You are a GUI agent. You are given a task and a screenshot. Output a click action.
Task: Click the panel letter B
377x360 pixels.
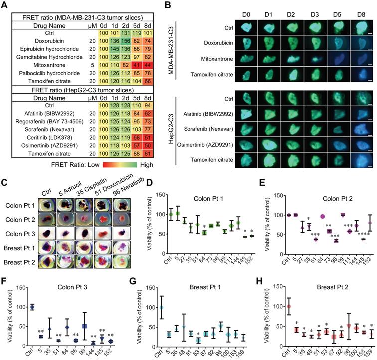(168, 5)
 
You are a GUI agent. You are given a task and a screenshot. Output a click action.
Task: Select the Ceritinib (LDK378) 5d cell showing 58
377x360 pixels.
(136, 123)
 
